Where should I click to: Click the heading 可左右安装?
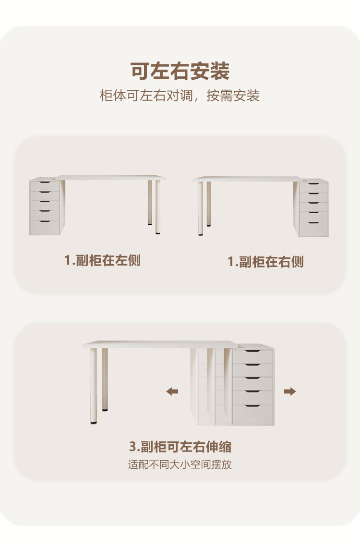coord(180,71)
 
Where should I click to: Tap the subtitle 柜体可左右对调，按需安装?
coord(180,96)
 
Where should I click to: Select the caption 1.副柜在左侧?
coord(103,260)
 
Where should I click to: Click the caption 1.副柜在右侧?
coord(265,262)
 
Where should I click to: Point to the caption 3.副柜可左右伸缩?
coord(180,447)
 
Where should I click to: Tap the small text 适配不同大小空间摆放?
coord(180,465)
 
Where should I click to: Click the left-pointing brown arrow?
coord(172,391)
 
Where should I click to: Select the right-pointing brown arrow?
coord(290,391)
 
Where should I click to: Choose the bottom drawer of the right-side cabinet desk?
coord(314,229)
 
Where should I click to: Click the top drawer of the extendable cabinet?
coord(252,356)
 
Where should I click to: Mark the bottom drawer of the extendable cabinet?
coord(252,415)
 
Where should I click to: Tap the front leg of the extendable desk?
coord(93,384)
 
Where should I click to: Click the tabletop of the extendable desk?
coord(158,344)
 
